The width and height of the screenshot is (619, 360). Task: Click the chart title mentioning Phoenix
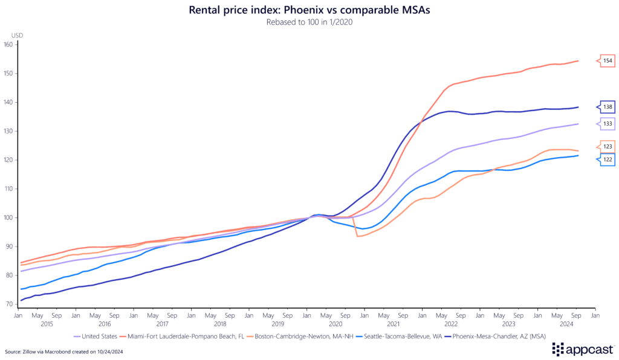309,10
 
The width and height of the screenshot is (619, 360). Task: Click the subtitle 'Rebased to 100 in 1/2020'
309,23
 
